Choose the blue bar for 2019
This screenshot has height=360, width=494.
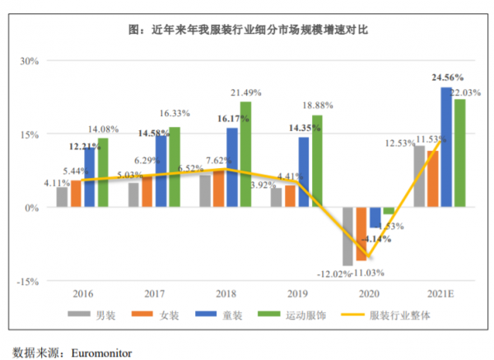tap(304, 172)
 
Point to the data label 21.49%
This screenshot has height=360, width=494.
tap(248, 91)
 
